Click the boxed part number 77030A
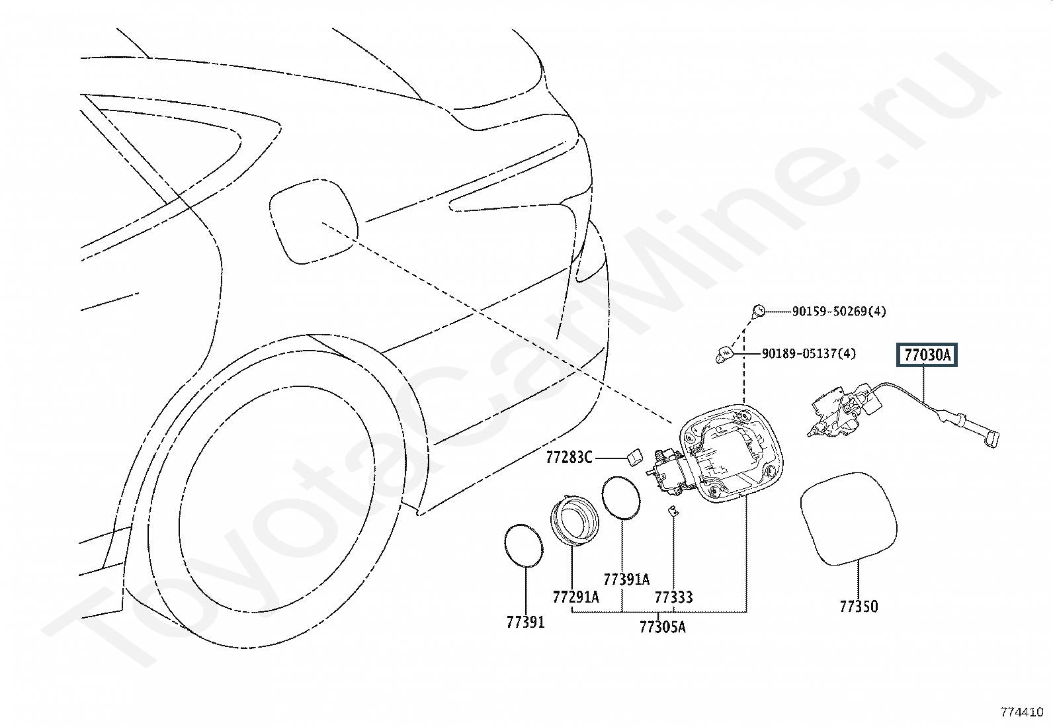tap(927, 356)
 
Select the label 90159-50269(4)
tap(839, 311)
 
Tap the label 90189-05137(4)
tap(808, 354)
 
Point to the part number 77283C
tap(569, 457)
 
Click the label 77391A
tap(627, 580)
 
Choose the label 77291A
tap(575, 597)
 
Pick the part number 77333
tap(673, 597)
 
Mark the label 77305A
tap(662, 626)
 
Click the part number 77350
tap(859, 606)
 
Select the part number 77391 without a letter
tap(525, 622)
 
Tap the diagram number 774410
tap(1021, 712)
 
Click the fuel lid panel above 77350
tap(849, 517)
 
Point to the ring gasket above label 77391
tap(523, 544)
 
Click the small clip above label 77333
tap(672, 511)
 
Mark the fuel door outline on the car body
tap(313, 220)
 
